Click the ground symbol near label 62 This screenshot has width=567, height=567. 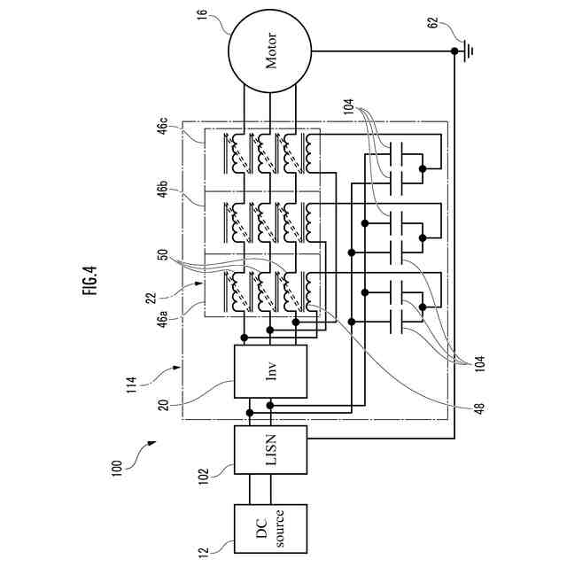point(468,51)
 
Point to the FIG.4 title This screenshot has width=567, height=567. point(89,281)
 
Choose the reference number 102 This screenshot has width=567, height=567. point(205,477)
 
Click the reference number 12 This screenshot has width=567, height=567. point(204,552)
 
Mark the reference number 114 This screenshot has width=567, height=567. point(132,385)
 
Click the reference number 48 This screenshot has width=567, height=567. point(479,408)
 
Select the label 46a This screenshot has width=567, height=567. point(163,320)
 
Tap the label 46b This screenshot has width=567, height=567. point(163,189)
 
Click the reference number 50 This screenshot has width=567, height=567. point(163,254)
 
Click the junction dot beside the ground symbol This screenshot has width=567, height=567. point(454,51)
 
